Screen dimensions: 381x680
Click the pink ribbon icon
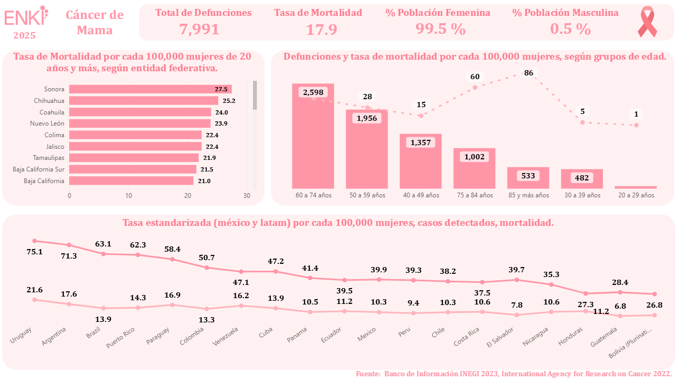tap(647, 22)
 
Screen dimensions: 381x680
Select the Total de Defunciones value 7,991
tap(199, 29)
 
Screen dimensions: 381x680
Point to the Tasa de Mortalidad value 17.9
tap(322, 30)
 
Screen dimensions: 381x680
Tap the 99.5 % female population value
tap(440, 30)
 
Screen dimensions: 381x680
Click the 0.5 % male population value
tap(570, 30)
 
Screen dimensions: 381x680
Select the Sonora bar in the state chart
tap(150, 89)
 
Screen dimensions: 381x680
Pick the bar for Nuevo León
tap(140, 123)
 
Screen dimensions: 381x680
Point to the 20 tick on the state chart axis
tap(187, 195)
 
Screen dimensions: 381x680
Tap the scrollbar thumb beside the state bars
tap(255, 95)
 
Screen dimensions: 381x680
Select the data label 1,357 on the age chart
tap(421, 142)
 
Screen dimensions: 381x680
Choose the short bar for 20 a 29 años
tap(636, 187)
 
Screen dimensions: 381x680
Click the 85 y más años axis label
tap(528, 195)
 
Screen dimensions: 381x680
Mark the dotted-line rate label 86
tap(528, 73)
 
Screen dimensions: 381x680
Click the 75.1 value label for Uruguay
tap(34, 252)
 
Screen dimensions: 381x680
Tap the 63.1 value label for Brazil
tap(103, 244)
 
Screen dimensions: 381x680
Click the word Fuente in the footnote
tap(368, 374)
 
